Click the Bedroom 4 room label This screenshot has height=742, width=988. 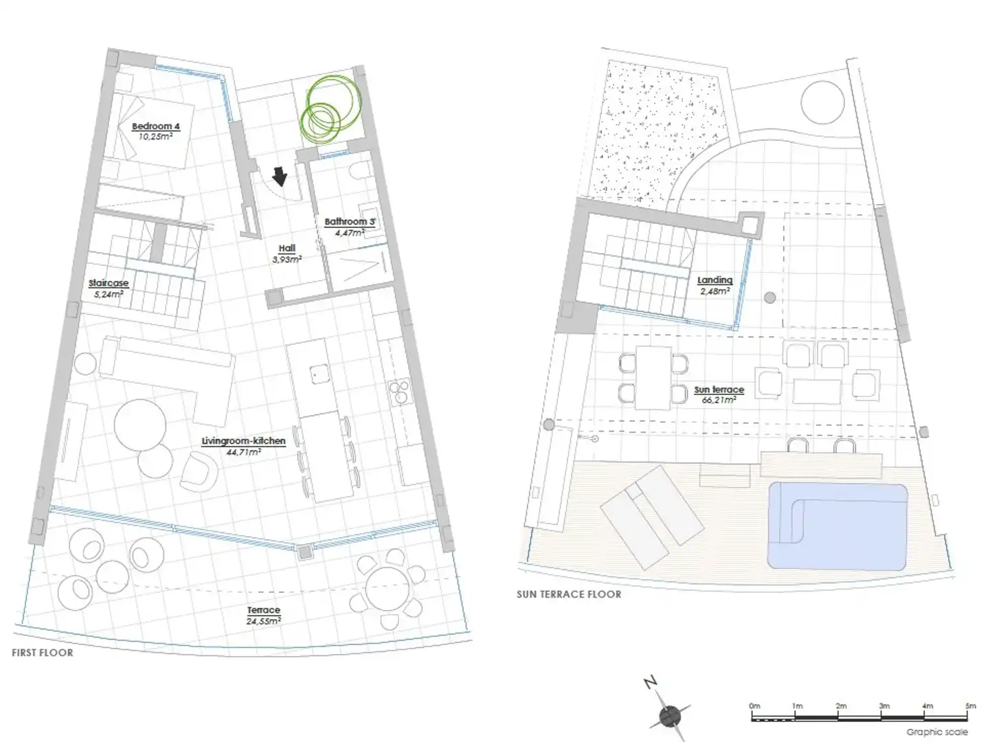tap(156, 126)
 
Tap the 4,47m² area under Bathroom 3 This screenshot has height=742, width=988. tap(350, 233)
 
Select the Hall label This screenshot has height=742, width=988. tap(287, 248)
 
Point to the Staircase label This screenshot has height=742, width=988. tap(109, 283)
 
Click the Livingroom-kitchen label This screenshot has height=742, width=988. tap(243, 441)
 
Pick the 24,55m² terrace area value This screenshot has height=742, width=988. tap(263, 621)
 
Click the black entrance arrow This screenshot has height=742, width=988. tap(280, 177)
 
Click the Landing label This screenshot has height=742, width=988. tap(715, 280)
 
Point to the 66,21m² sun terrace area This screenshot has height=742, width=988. tap(719, 399)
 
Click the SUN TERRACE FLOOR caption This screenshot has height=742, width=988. tap(569, 594)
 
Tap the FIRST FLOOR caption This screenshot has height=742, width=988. tap(43, 653)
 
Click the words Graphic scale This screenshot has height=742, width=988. tap(936, 732)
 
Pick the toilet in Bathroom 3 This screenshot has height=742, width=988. tap(359, 171)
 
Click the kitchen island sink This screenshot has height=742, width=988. tap(319, 374)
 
